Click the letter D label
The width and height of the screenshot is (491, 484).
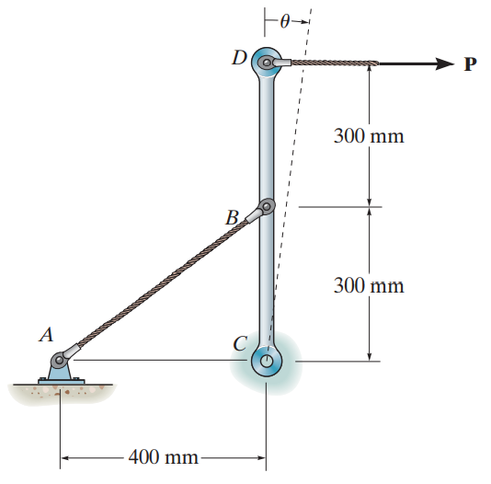pyautogui.click(x=239, y=58)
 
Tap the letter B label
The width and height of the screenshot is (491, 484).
pyautogui.click(x=232, y=217)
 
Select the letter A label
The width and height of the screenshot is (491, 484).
pyautogui.click(x=46, y=334)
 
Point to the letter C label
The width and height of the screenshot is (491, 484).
pyautogui.click(x=240, y=343)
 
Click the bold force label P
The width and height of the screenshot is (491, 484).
pyautogui.click(x=471, y=64)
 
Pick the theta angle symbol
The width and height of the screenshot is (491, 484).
pyautogui.click(x=284, y=22)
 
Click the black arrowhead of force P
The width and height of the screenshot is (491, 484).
pyautogui.click(x=445, y=63)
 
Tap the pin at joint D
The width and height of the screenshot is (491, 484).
pyautogui.click(x=267, y=63)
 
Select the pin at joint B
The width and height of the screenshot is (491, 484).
pyautogui.click(x=267, y=206)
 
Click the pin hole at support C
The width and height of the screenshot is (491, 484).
pyautogui.click(x=266, y=362)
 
